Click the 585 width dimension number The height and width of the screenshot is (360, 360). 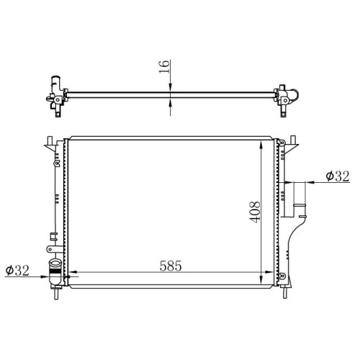click(171, 266)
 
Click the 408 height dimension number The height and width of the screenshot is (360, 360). click(255, 212)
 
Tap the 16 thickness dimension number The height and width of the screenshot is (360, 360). click(164, 67)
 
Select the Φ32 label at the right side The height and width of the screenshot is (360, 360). click(338, 176)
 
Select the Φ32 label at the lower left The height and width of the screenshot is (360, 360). click(17, 271)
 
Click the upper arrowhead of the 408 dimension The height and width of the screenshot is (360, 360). click(261, 145)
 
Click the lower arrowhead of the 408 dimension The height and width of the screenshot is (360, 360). click(261, 279)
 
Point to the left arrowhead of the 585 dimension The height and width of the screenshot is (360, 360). click(73, 272)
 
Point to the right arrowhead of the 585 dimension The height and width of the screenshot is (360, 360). click(269, 272)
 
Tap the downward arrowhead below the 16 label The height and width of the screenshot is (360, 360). click(170, 87)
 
